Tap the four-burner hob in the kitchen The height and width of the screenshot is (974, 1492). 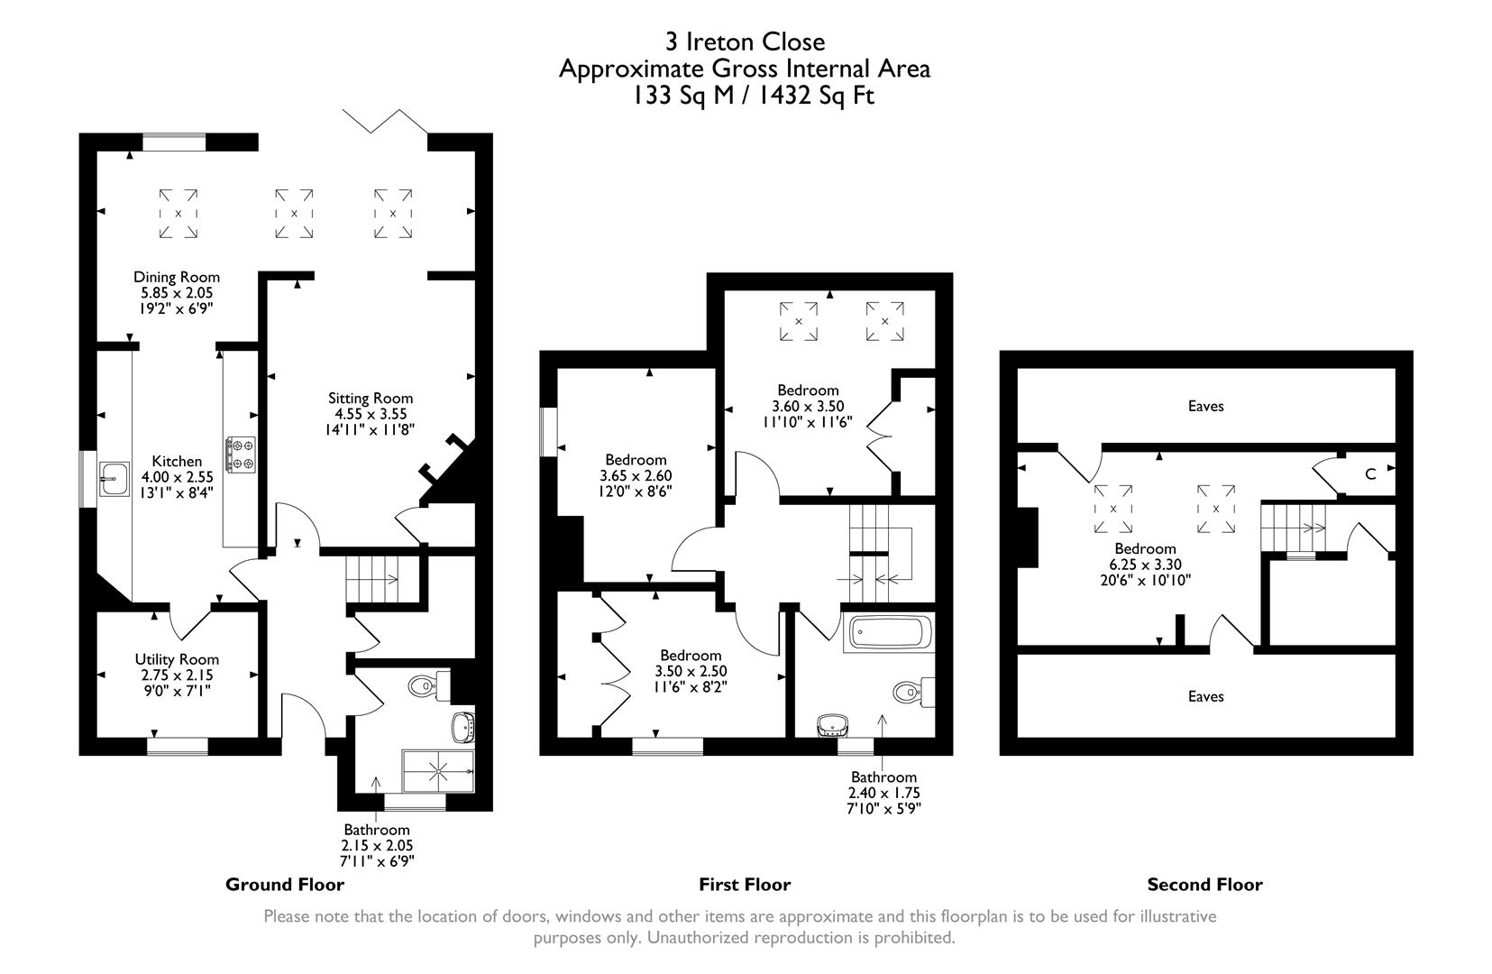[x=241, y=454]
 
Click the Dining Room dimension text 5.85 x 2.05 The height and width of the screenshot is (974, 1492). [x=177, y=293]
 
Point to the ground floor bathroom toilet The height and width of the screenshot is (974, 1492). [x=425, y=687]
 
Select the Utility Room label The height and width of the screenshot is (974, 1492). [x=177, y=659]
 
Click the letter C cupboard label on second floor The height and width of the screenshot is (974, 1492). [x=1369, y=474]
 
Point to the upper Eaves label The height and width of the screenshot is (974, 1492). [x=1205, y=406]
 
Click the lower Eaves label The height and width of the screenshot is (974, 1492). [x=1205, y=696]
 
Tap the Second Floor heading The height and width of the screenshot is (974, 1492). [x=1204, y=885]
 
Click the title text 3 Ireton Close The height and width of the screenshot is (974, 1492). [x=745, y=41]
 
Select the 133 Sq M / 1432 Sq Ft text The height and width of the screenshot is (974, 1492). [x=754, y=96]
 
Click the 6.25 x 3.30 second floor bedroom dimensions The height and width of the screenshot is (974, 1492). [x=1145, y=565]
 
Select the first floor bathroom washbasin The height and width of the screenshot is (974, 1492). [x=831, y=724]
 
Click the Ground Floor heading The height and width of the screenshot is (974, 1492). [x=285, y=885]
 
